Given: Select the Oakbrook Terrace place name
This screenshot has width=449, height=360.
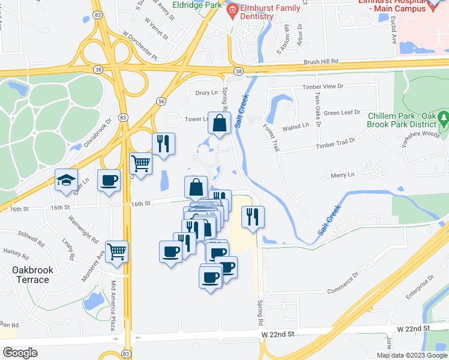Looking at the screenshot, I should tap(32, 275).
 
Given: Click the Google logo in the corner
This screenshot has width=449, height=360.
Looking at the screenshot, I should tap(20, 353).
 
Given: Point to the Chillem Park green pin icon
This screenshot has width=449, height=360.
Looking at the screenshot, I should tap(444, 117).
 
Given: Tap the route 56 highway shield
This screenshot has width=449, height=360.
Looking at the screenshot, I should tap(161, 102).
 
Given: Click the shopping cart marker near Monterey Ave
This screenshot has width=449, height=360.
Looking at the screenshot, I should tap(116, 251).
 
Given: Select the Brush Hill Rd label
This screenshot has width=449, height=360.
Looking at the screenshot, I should tap(321, 61).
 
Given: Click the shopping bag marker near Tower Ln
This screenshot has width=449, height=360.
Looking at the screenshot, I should tap(220, 123).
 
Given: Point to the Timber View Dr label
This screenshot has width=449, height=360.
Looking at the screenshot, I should tap(322, 86).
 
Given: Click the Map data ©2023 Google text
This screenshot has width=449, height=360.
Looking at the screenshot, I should tap(411, 355).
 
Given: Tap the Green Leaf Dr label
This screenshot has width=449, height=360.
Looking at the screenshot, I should tap(342, 112).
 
